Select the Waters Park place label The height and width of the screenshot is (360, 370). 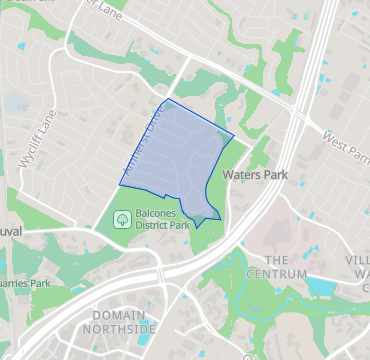257,174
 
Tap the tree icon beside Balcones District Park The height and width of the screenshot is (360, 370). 121,218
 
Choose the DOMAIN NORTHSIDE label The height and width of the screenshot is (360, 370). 119,321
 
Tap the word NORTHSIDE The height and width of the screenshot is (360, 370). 119,328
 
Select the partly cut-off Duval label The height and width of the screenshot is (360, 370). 10,231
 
